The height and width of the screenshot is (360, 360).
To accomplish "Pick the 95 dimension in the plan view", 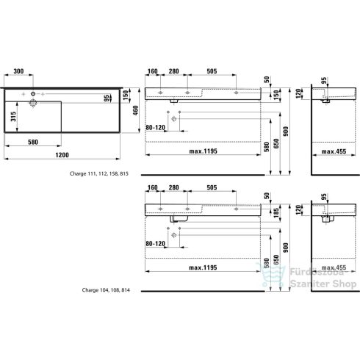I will click(x=107, y=98).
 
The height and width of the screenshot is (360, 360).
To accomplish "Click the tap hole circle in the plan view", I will click(x=32, y=94).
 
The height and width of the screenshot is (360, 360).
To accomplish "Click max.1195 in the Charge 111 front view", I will click(x=202, y=151).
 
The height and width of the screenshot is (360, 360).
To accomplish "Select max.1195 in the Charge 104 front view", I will click(x=202, y=267).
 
